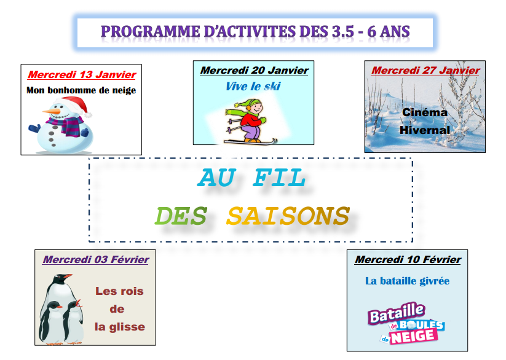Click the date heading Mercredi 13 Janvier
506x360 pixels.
[x=82, y=74]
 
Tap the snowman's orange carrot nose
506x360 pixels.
[x=52, y=112]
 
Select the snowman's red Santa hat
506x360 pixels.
[x=75, y=105]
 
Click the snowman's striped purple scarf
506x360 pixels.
[x=67, y=125]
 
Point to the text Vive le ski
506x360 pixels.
[x=253, y=86]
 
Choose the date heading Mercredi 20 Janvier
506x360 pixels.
[x=255, y=70]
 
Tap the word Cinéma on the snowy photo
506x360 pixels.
[x=425, y=112]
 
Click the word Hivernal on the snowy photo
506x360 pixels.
[x=425, y=130]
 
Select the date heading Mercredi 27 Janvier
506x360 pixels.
[x=425, y=70]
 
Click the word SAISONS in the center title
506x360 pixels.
[x=288, y=216]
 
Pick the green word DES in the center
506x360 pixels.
[x=181, y=216]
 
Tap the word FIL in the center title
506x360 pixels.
[x=279, y=178]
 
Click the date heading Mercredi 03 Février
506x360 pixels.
[x=96, y=259]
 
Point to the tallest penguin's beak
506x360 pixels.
[x=68, y=276]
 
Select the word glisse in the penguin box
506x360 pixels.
[x=127, y=327]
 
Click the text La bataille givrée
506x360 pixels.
[x=407, y=281]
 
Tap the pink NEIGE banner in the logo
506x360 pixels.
[x=414, y=337]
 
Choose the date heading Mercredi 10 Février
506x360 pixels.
[x=408, y=259]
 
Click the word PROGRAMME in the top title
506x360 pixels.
[x=151, y=31]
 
